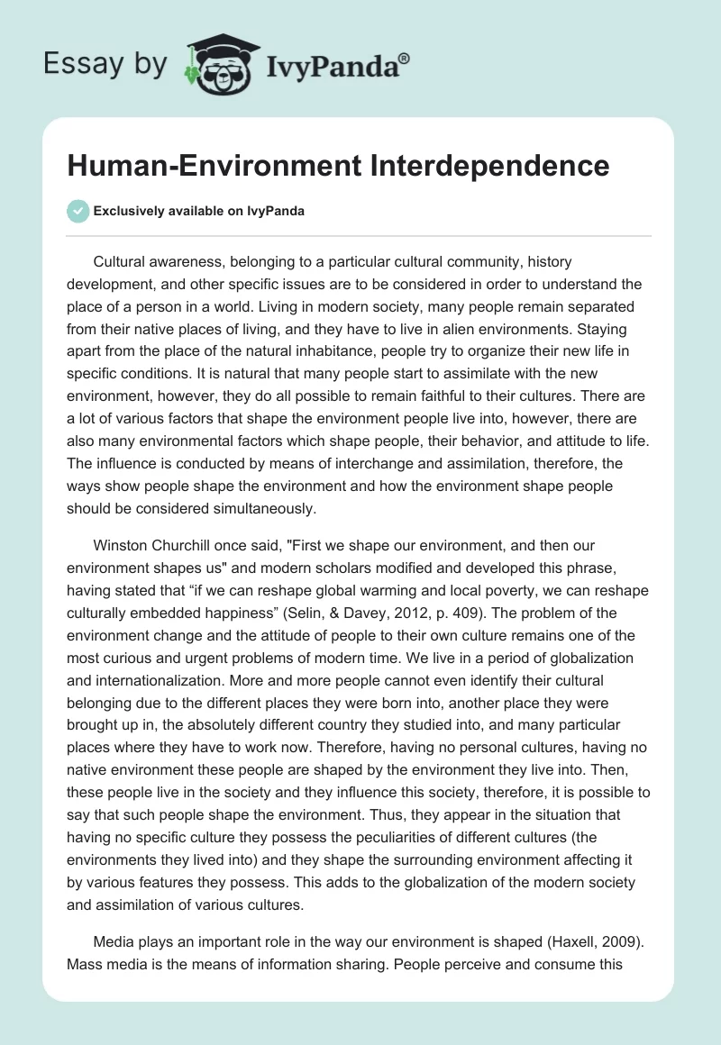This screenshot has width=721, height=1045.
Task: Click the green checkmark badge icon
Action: point(78,211)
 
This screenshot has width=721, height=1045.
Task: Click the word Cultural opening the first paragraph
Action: point(121,262)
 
